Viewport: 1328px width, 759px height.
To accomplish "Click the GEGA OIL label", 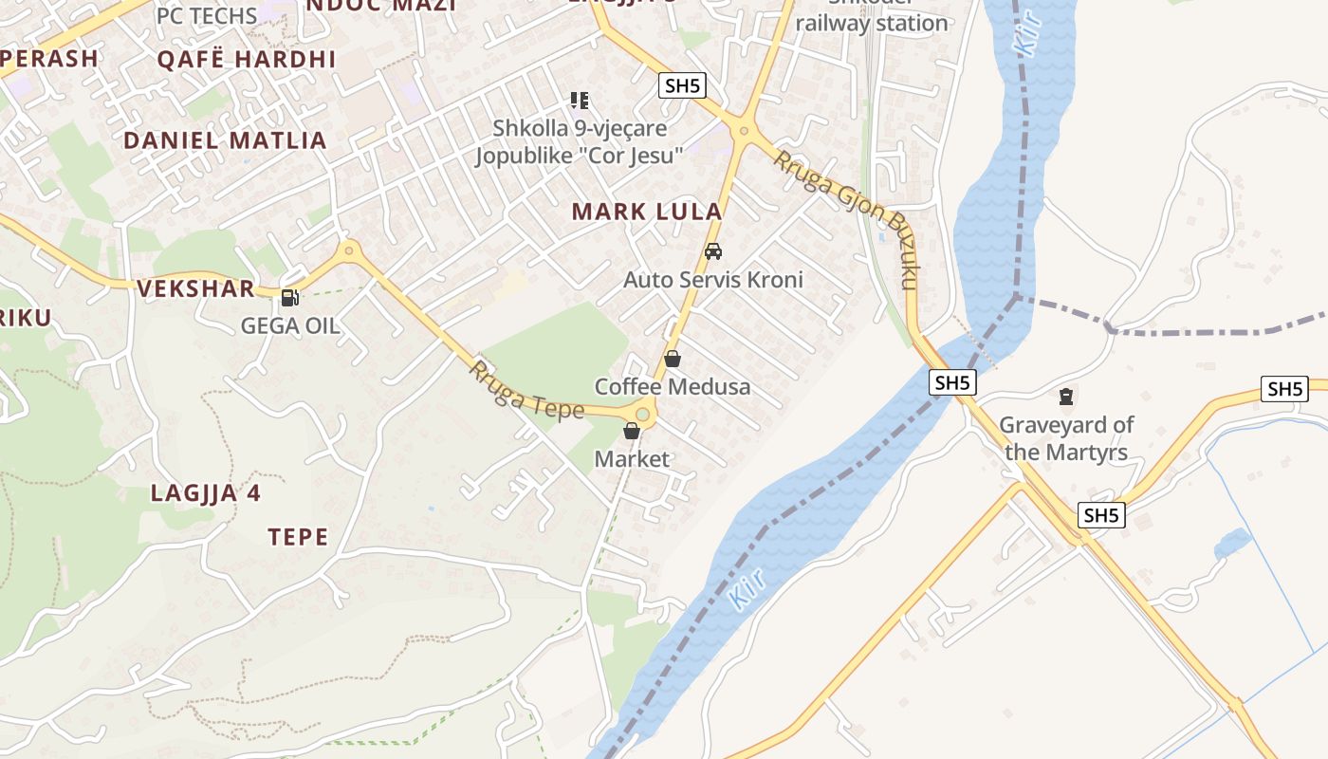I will [289, 325].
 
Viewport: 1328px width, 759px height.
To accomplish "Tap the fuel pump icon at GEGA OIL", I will [289, 298].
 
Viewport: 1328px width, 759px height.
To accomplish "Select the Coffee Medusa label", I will [672, 386].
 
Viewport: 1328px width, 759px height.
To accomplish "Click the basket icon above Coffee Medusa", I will [673, 359].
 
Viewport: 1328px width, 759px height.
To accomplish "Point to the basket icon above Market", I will [632, 432].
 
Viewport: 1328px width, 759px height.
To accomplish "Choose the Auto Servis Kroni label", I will [712, 279].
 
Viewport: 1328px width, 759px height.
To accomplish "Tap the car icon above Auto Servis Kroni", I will [713, 251].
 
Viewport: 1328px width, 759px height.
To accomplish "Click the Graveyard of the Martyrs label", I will [1066, 437].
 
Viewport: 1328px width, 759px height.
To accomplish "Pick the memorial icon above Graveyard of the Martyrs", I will [1066, 396].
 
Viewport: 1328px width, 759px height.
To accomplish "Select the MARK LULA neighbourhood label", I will [647, 212].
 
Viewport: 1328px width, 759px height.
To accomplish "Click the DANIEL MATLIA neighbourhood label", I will [225, 140].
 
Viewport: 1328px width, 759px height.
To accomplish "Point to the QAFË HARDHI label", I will [247, 59].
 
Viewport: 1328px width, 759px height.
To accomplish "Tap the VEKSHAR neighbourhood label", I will [196, 288].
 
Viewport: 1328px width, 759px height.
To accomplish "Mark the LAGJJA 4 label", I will [206, 493].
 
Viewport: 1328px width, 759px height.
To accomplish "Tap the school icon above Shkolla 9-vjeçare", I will [579, 100].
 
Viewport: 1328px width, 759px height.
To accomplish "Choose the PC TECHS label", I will [207, 15].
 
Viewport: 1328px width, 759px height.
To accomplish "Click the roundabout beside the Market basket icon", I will [643, 414].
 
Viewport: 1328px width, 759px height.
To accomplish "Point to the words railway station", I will [872, 23].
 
